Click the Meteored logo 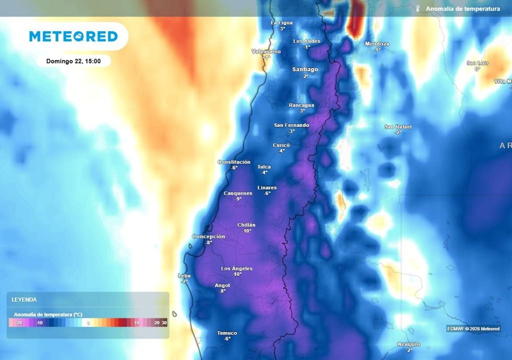click(73, 36)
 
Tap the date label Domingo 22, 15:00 click(73, 61)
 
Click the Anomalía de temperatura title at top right click(462, 9)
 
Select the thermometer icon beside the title click(417, 9)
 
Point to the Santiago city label click(305, 69)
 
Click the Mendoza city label click(377, 44)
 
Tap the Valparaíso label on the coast click(265, 51)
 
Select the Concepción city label click(208, 236)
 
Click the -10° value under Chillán click(246, 231)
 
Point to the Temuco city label click(227, 333)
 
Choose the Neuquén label click(408, 344)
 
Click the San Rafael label click(398, 126)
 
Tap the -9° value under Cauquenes click(238, 198)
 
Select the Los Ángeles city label click(237, 268)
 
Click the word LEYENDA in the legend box click(24, 299)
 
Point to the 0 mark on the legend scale click(88, 323)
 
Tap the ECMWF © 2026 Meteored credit click(473, 328)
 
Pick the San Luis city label click(477, 63)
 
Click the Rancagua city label click(301, 105)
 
